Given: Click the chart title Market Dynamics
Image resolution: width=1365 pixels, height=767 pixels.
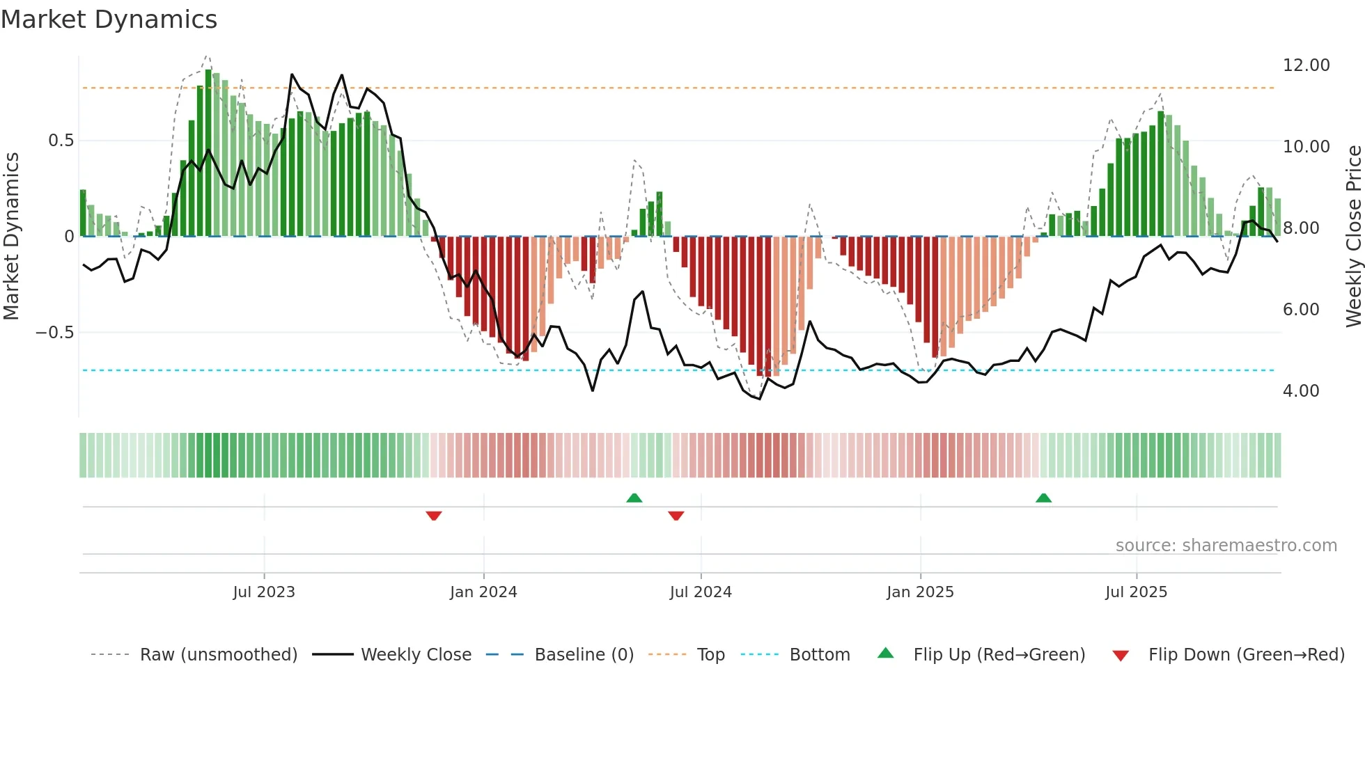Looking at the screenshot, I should [109, 19].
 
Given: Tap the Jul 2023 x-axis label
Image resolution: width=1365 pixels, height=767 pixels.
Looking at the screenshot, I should [264, 592].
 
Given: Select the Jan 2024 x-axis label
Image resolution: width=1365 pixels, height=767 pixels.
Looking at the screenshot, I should [483, 592].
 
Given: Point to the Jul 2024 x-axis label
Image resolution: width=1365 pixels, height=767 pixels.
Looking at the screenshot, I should [701, 592].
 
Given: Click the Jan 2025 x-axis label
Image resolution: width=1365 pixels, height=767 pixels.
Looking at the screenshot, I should [920, 592].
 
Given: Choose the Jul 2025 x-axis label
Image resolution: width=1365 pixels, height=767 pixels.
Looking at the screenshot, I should [1136, 592].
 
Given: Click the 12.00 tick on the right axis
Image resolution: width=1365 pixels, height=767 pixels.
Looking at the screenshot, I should [1306, 65].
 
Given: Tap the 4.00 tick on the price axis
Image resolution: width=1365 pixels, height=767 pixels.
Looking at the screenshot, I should [1301, 391].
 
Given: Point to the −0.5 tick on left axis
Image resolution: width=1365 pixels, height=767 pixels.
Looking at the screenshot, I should [55, 333].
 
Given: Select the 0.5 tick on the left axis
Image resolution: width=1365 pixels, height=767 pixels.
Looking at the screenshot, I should [61, 141].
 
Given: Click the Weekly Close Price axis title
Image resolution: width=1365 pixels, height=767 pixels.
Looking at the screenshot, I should [1353, 236].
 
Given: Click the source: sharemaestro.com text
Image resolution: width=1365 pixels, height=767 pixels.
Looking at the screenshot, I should [1226, 546].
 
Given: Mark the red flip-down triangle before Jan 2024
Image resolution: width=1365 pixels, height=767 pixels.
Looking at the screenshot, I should [434, 516].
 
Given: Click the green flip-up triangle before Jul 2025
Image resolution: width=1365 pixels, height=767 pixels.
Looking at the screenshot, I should [1043, 498].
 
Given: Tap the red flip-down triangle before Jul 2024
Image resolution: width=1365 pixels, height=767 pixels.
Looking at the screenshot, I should [676, 516].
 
